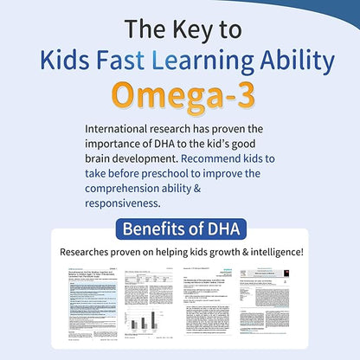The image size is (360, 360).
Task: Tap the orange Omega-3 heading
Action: (180, 98)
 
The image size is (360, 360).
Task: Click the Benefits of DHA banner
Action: (180, 230)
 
